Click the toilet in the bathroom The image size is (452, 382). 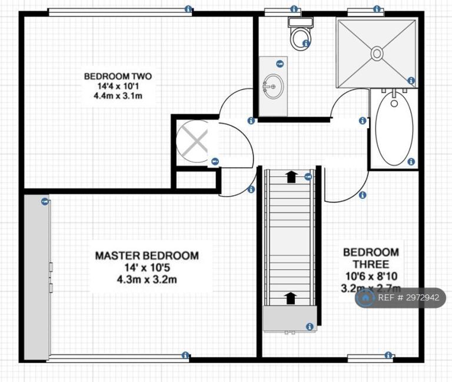301,34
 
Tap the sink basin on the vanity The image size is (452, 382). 272,87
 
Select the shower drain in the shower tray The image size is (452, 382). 377,54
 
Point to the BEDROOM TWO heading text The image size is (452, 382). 118,77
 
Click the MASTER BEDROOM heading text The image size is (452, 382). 147,255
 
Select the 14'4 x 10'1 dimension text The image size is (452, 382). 118,86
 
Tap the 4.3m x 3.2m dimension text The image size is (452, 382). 147,280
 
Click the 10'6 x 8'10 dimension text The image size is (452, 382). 371,276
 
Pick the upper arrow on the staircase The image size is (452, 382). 292,177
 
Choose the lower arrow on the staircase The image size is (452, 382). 291,298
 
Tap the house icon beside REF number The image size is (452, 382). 365,297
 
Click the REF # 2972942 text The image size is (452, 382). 408,297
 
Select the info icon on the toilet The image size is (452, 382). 305,44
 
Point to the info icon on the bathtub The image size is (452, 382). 411,161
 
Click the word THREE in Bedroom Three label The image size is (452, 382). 371,264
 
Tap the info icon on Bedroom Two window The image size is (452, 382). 188,9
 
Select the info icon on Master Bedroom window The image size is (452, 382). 185,355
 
